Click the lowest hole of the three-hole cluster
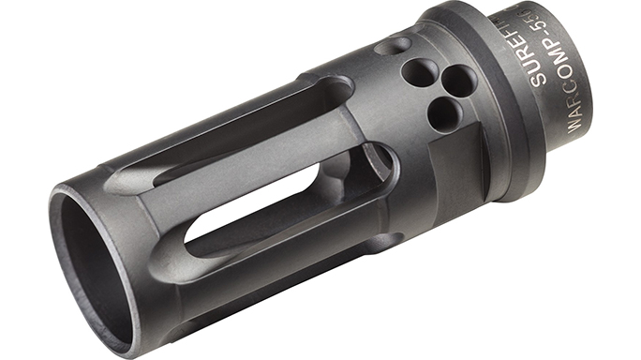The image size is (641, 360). pos(443,112)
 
